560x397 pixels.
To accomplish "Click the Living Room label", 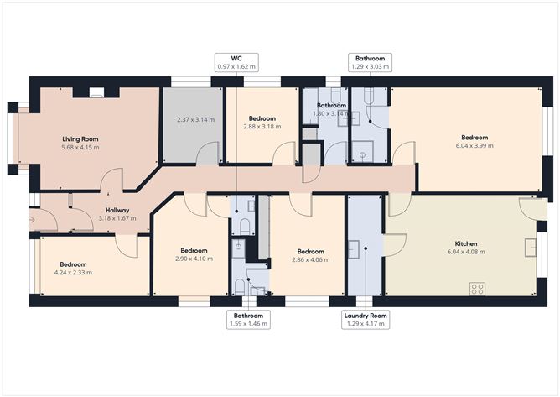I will [x=80, y=138].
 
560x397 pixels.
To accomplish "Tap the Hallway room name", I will [x=117, y=210].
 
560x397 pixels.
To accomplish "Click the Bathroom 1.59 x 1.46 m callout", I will [x=248, y=319].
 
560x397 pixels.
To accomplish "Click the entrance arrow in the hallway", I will [x=32, y=221].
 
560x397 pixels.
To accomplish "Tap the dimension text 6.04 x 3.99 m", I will [x=474, y=145].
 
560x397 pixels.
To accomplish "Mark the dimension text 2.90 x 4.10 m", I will [x=194, y=259].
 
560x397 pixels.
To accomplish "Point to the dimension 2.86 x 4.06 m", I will [x=310, y=259].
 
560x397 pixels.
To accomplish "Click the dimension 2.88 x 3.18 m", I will [x=262, y=127].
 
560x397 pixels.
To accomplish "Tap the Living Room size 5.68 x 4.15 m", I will [x=80, y=147].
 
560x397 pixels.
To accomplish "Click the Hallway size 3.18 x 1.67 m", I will [x=117, y=218].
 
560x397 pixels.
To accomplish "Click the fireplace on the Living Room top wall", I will [x=96, y=91].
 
